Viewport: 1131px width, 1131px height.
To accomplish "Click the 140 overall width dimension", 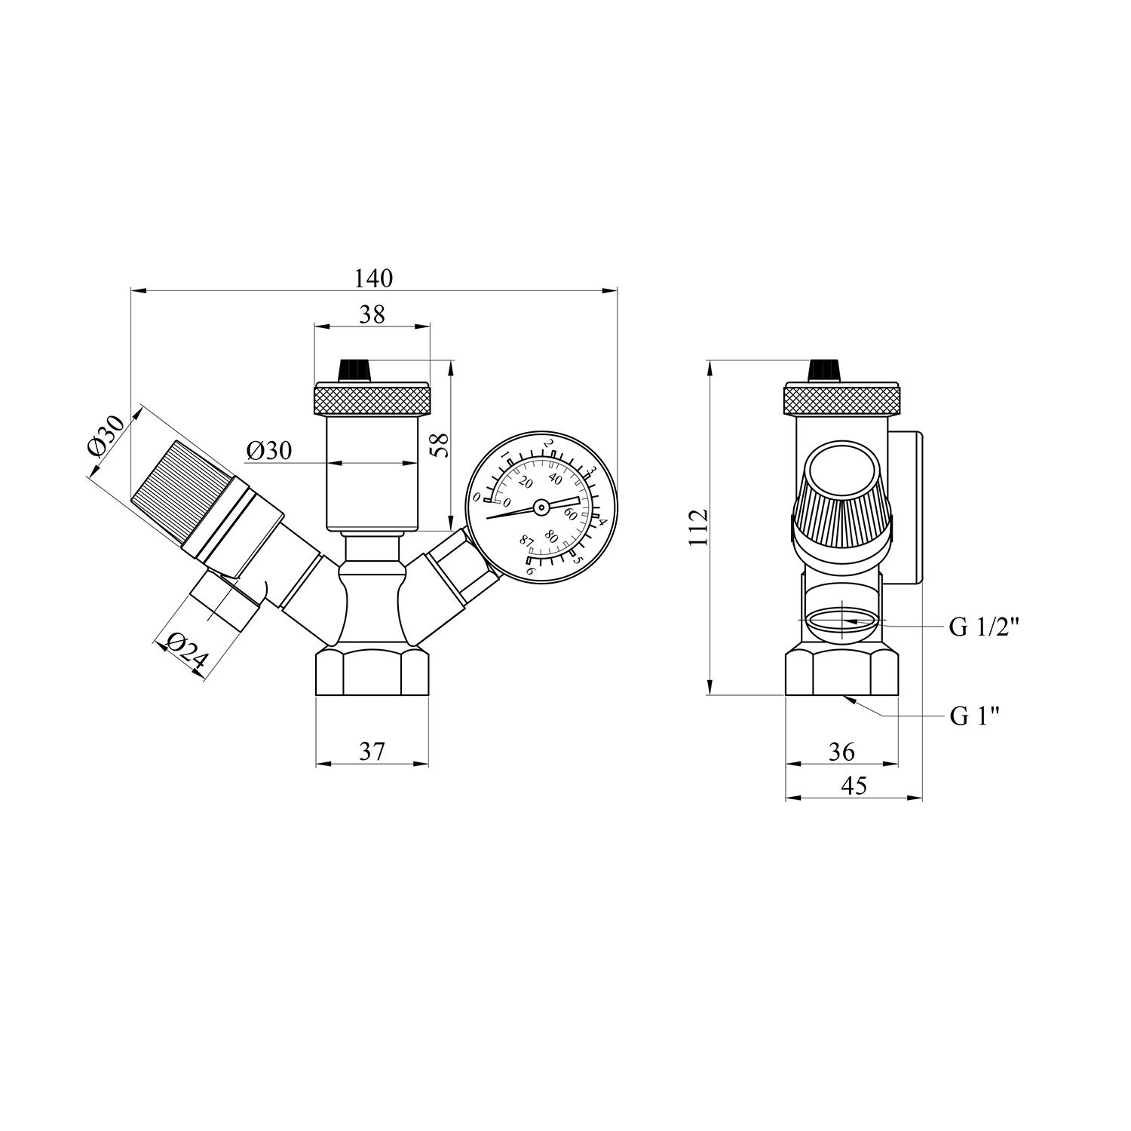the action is point(374,278).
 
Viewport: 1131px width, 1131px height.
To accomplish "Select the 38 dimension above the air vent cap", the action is point(372,314).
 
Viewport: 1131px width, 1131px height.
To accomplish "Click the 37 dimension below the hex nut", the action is point(372,751).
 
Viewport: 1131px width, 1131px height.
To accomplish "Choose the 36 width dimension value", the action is point(841,751).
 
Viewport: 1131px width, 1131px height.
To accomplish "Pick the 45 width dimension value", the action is point(854,786).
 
